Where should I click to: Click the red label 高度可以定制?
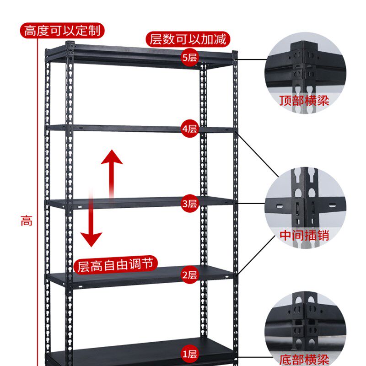click(x=62, y=31)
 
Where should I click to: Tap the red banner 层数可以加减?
click(x=188, y=39)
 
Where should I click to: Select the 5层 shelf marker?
click(x=189, y=58)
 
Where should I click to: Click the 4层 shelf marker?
click(x=189, y=129)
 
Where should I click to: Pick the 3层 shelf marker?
click(x=189, y=204)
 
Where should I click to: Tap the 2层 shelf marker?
click(x=189, y=275)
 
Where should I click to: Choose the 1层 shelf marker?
click(x=189, y=354)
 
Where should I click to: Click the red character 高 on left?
click(x=26, y=221)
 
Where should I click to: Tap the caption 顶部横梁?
click(x=304, y=100)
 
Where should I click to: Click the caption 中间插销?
click(x=304, y=236)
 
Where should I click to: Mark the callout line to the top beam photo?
click(x=252, y=59)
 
